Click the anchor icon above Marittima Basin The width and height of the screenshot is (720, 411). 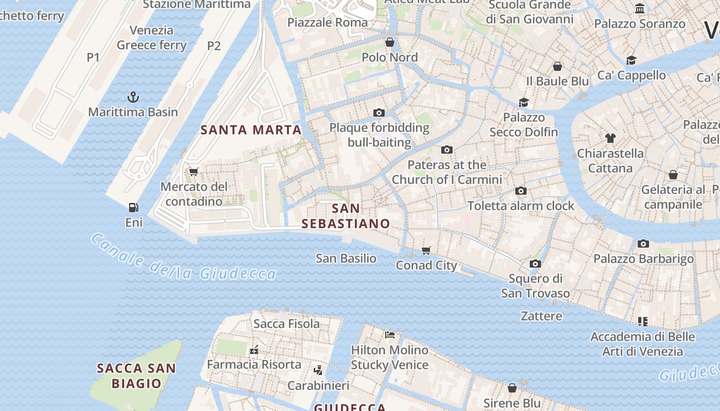(x=133, y=97)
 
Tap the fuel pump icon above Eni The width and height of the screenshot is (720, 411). (x=134, y=208)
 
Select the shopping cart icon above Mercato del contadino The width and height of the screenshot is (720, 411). (x=194, y=172)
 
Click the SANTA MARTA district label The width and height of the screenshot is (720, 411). (x=251, y=130)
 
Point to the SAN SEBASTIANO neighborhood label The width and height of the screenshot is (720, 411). (x=346, y=216)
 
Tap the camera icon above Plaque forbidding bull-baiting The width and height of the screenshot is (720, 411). (x=379, y=113)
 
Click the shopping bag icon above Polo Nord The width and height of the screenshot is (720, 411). (x=390, y=42)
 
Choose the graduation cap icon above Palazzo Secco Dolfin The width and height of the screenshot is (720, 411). (x=524, y=102)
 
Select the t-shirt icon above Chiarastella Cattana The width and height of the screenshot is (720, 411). (x=610, y=138)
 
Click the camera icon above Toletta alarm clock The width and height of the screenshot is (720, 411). (x=521, y=191)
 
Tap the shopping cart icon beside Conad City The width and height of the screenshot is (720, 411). (x=426, y=250)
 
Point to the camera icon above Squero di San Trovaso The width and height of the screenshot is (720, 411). (x=535, y=264)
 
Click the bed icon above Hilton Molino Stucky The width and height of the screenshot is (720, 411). (x=390, y=335)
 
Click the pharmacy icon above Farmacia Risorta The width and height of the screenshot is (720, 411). (x=254, y=350)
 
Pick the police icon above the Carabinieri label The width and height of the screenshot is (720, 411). (x=318, y=370)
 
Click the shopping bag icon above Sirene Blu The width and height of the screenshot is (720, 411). (x=512, y=388)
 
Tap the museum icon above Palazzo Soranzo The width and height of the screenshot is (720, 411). (x=640, y=9)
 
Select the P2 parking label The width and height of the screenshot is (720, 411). (x=214, y=46)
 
